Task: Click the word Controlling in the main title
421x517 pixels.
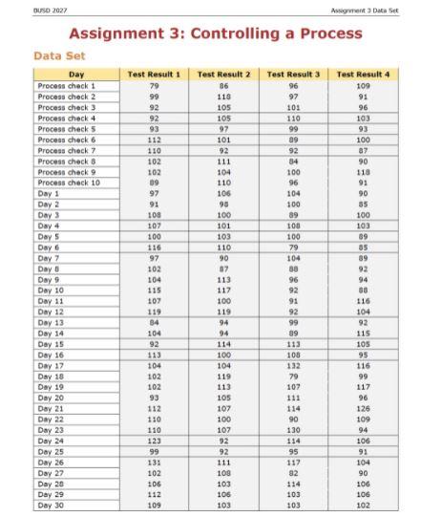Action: click(x=235, y=33)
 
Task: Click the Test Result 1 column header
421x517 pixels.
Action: click(x=154, y=74)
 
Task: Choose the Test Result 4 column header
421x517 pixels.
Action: click(x=363, y=74)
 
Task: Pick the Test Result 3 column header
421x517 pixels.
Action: click(x=293, y=74)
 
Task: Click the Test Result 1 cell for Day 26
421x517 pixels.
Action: click(x=154, y=462)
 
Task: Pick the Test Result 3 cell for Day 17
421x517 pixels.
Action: click(x=293, y=365)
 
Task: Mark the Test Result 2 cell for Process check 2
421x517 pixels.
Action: click(x=224, y=96)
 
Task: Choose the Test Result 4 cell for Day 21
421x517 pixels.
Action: click(x=363, y=408)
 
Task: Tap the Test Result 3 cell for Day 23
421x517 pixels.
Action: click(x=293, y=429)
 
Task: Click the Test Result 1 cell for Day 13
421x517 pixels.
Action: click(x=154, y=322)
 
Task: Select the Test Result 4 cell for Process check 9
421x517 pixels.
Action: click(x=363, y=171)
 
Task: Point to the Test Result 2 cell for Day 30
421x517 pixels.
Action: click(x=224, y=505)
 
